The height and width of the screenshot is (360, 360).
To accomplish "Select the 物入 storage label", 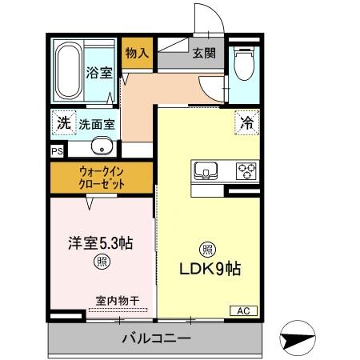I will click(137, 54).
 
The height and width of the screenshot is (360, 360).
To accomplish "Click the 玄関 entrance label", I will click(202, 54).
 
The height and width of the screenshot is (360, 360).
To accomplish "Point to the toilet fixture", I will click(244, 65).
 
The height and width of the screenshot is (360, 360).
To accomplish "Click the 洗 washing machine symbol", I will click(62, 123).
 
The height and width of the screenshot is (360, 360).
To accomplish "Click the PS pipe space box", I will click(57, 150).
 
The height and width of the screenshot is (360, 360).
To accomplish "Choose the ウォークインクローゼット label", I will click(101, 177).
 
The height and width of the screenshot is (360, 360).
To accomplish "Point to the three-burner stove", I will click(245, 171).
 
